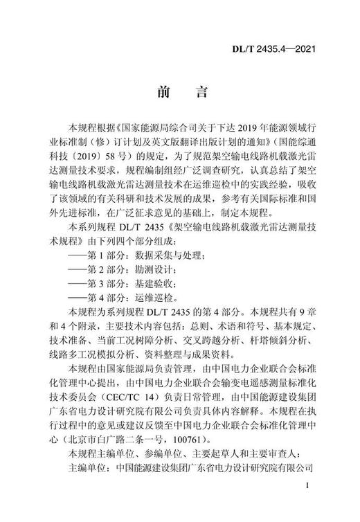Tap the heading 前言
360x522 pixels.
(179, 92)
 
